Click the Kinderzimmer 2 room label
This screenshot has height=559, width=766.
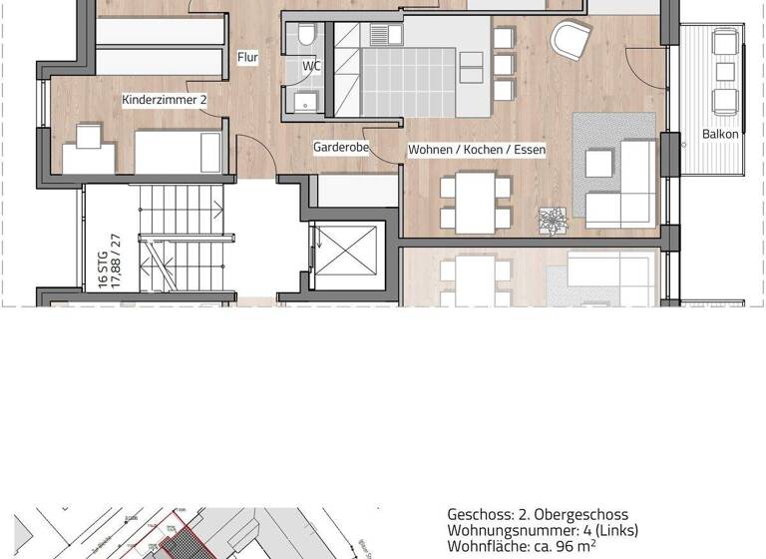(x=164, y=100)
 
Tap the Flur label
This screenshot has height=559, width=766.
(x=247, y=58)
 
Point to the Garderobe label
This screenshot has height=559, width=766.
(x=341, y=147)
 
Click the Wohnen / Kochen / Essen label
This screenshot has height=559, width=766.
(x=477, y=150)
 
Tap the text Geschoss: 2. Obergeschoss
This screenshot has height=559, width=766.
(x=538, y=514)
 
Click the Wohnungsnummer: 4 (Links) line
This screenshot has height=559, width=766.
(x=543, y=530)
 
